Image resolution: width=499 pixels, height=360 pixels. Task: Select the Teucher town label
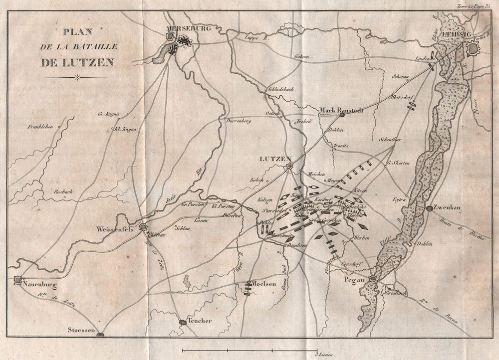tap(200, 321)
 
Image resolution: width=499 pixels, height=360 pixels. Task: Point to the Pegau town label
tap(355, 280)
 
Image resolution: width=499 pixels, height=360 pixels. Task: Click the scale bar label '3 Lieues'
tap(324, 354)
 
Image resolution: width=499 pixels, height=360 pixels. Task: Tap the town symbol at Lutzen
tap(288, 167)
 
